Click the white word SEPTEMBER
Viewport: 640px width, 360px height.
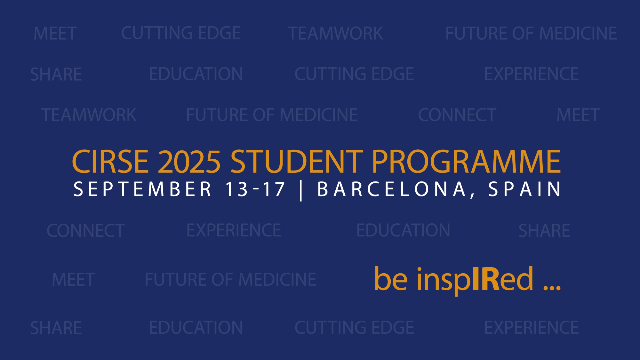tap(142, 189)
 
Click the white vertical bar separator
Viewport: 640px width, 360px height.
tap(301, 190)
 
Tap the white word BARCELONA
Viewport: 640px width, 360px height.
tap(391, 189)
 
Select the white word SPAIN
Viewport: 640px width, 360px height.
tap(524, 189)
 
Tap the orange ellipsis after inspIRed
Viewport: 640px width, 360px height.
tap(552, 287)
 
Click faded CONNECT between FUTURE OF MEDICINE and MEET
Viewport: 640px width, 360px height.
tap(457, 115)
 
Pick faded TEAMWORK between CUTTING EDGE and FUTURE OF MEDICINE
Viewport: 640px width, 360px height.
tap(335, 33)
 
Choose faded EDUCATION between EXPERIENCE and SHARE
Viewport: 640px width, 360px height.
tap(403, 230)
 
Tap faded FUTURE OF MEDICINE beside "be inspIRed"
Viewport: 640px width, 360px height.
tap(230, 279)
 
